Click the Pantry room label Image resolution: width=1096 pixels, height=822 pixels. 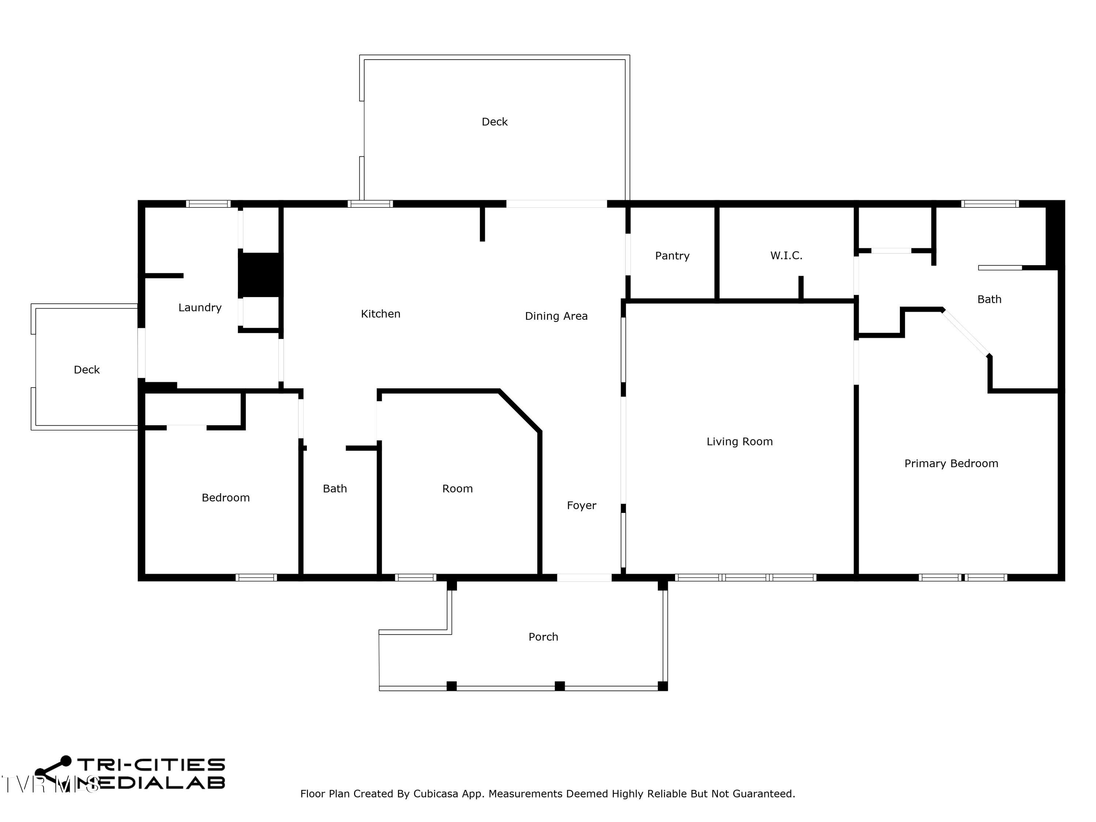tap(672, 256)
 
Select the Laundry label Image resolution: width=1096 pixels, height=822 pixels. tap(200, 308)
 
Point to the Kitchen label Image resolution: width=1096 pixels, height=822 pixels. tap(381, 313)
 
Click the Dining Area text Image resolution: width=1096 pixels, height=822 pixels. tap(556, 316)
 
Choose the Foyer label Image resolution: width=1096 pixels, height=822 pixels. tap(581, 505)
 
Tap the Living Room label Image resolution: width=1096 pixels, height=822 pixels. tap(739, 441)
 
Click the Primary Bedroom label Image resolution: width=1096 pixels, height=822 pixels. tap(951, 463)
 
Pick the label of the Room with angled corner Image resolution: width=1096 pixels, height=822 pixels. tap(457, 488)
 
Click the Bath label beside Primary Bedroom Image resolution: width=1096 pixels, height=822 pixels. tap(989, 299)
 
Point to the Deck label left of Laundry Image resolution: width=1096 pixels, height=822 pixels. tap(87, 370)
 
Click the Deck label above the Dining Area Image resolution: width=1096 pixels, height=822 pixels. tap(495, 121)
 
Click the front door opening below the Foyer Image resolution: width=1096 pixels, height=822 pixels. tap(584, 578)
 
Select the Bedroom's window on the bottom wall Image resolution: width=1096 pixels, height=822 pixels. tap(256, 578)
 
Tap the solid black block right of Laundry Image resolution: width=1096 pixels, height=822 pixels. tap(260, 275)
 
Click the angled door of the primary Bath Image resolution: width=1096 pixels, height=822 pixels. tap(966, 332)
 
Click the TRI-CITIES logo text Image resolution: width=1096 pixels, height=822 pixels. tap(151, 765)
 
